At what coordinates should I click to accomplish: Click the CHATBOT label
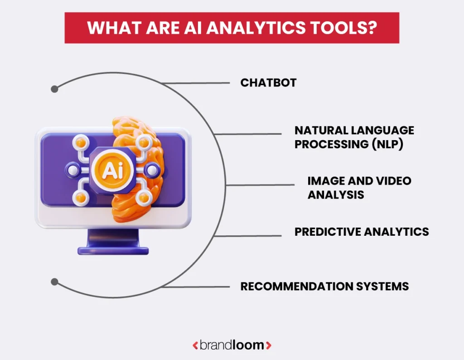268,83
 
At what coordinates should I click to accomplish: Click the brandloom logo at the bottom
232,345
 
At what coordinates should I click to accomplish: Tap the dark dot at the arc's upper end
55,89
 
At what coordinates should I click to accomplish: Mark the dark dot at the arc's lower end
55,282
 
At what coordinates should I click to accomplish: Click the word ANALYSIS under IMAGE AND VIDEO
336,195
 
